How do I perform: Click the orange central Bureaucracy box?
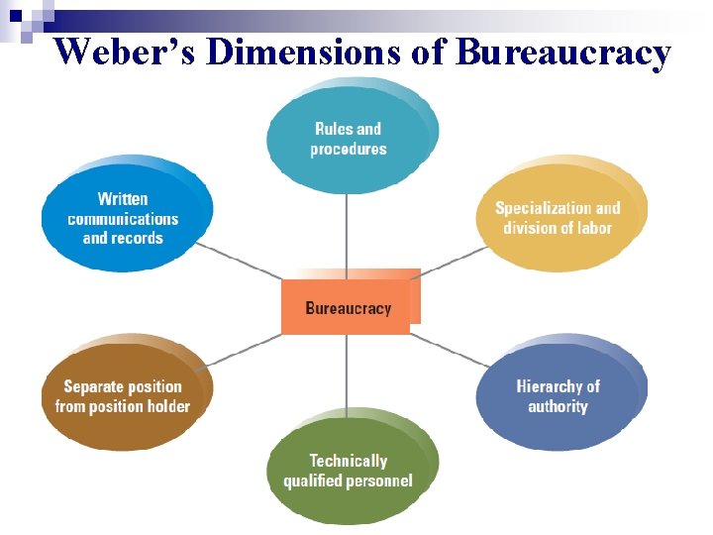(347, 308)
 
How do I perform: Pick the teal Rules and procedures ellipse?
(348, 139)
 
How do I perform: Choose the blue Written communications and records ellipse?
(123, 218)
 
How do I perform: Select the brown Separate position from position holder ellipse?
(123, 396)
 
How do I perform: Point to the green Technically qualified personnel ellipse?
(348, 472)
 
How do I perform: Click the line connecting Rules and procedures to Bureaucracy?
(347, 233)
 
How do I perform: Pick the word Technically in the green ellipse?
(348, 461)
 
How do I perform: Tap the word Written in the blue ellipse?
(123, 199)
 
